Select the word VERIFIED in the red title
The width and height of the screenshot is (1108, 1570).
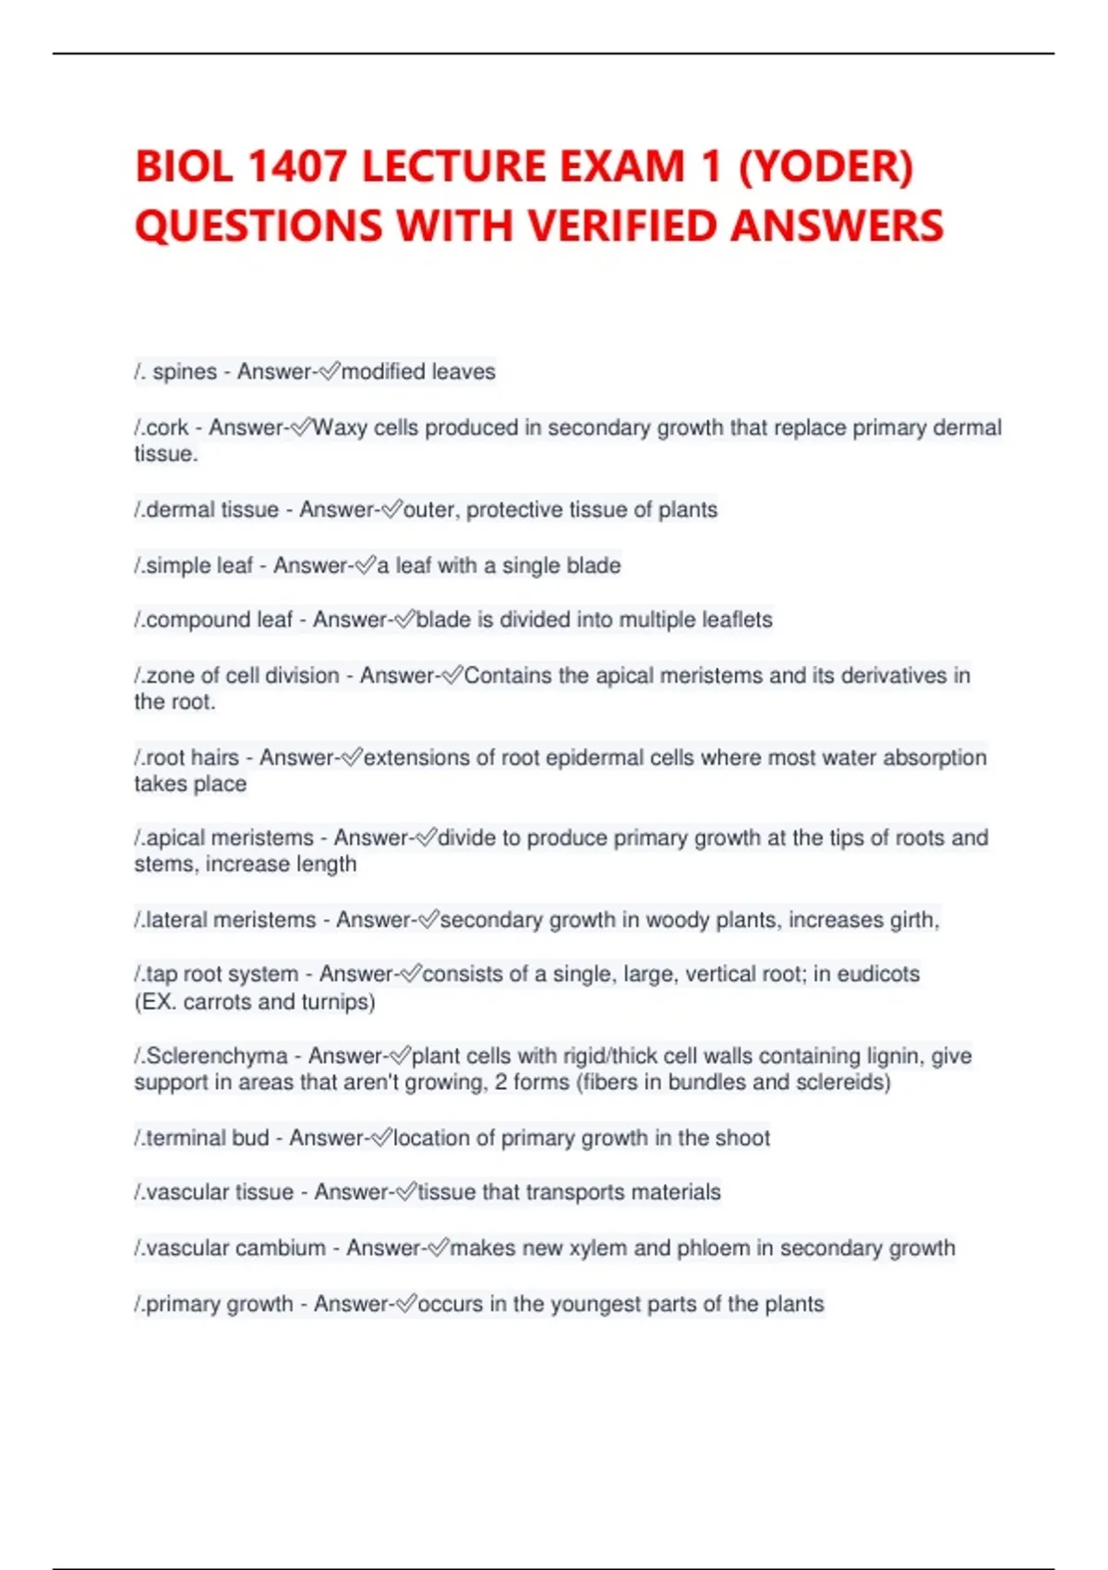pyautogui.click(x=618, y=227)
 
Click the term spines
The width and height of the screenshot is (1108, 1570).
pyautogui.click(x=185, y=372)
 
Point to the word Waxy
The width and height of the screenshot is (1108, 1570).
pyautogui.click(x=340, y=429)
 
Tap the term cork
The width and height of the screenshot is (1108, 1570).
pyautogui.click(x=167, y=429)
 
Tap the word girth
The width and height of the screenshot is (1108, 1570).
pyautogui.click(x=913, y=920)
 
